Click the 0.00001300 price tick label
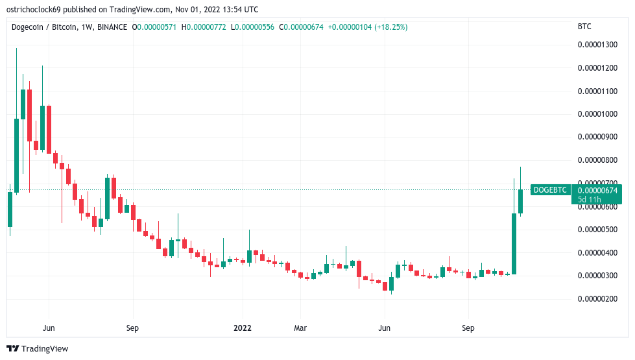pyautogui.click(x=599, y=45)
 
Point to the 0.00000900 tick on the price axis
pyautogui.click(x=599, y=137)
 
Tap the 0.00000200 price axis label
pyautogui.click(x=599, y=299)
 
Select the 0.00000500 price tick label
pyautogui.click(x=599, y=230)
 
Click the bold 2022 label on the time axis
pyautogui.click(x=243, y=328)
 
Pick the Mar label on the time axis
pyautogui.click(x=300, y=328)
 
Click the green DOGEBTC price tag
pyautogui.click(x=550, y=190)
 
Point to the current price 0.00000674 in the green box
pyautogui.click(x=599, y=190)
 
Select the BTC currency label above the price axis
pyautogui.click(x=584, y=27)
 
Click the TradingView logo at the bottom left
pyautogui.click(x=38, y=349)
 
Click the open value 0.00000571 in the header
pyautogui.click(x=156, y=27)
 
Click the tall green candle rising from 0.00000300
pyautogui.click(x=514, y=243)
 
